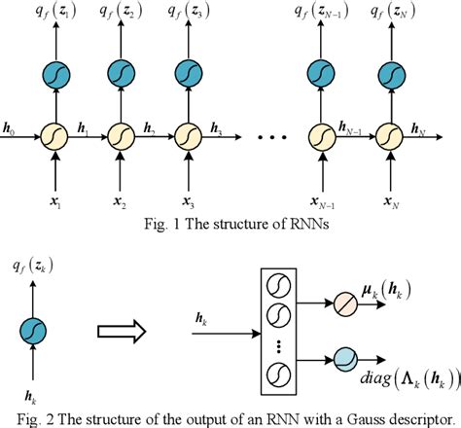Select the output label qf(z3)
[185, 14]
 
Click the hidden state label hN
[420, 127]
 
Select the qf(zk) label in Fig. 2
[31, 263]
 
